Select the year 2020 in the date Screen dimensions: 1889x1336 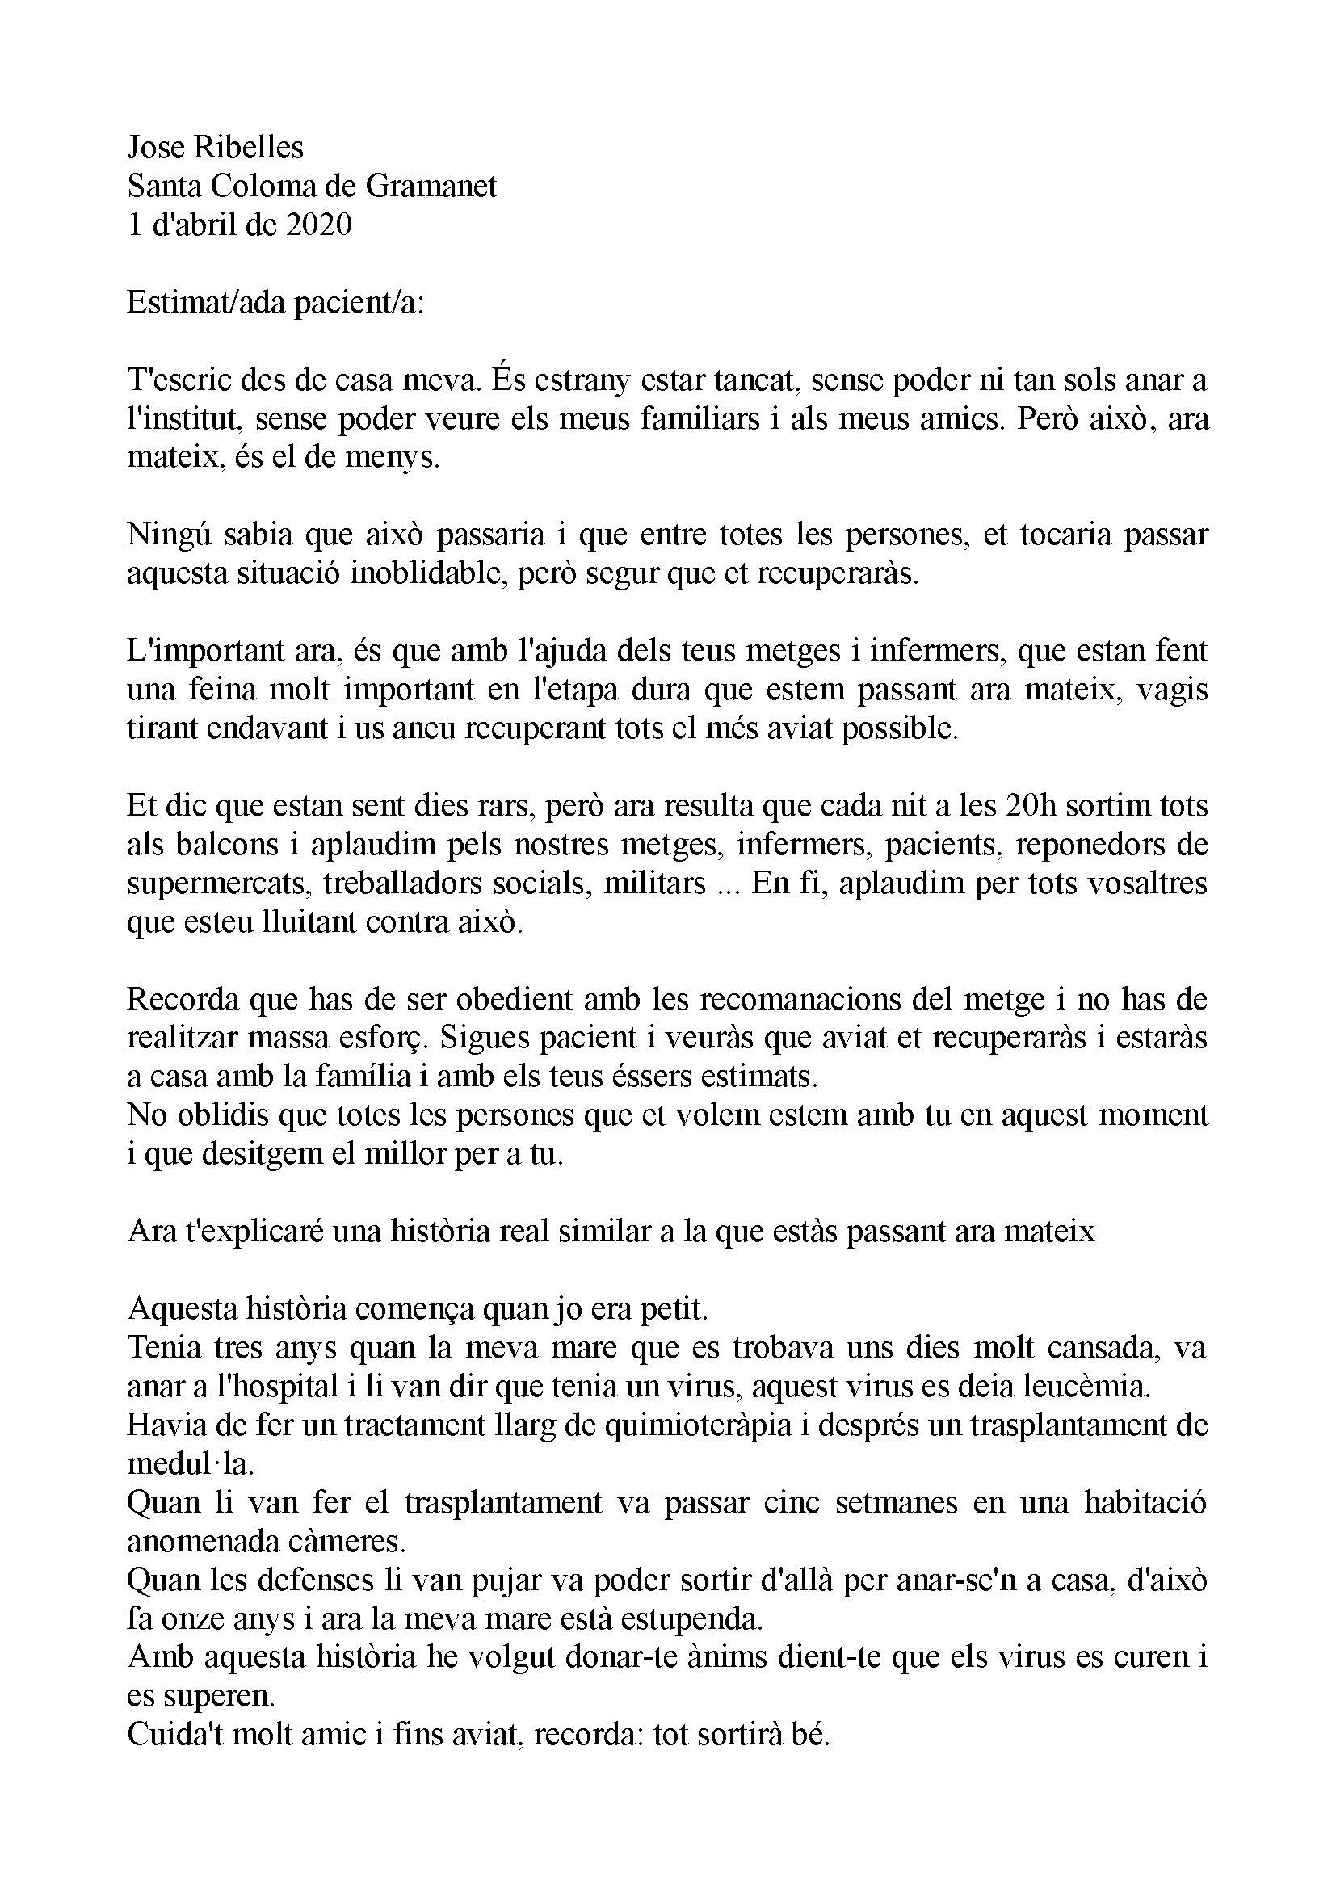[319, 225]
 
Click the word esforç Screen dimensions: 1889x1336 [387, 1039]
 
